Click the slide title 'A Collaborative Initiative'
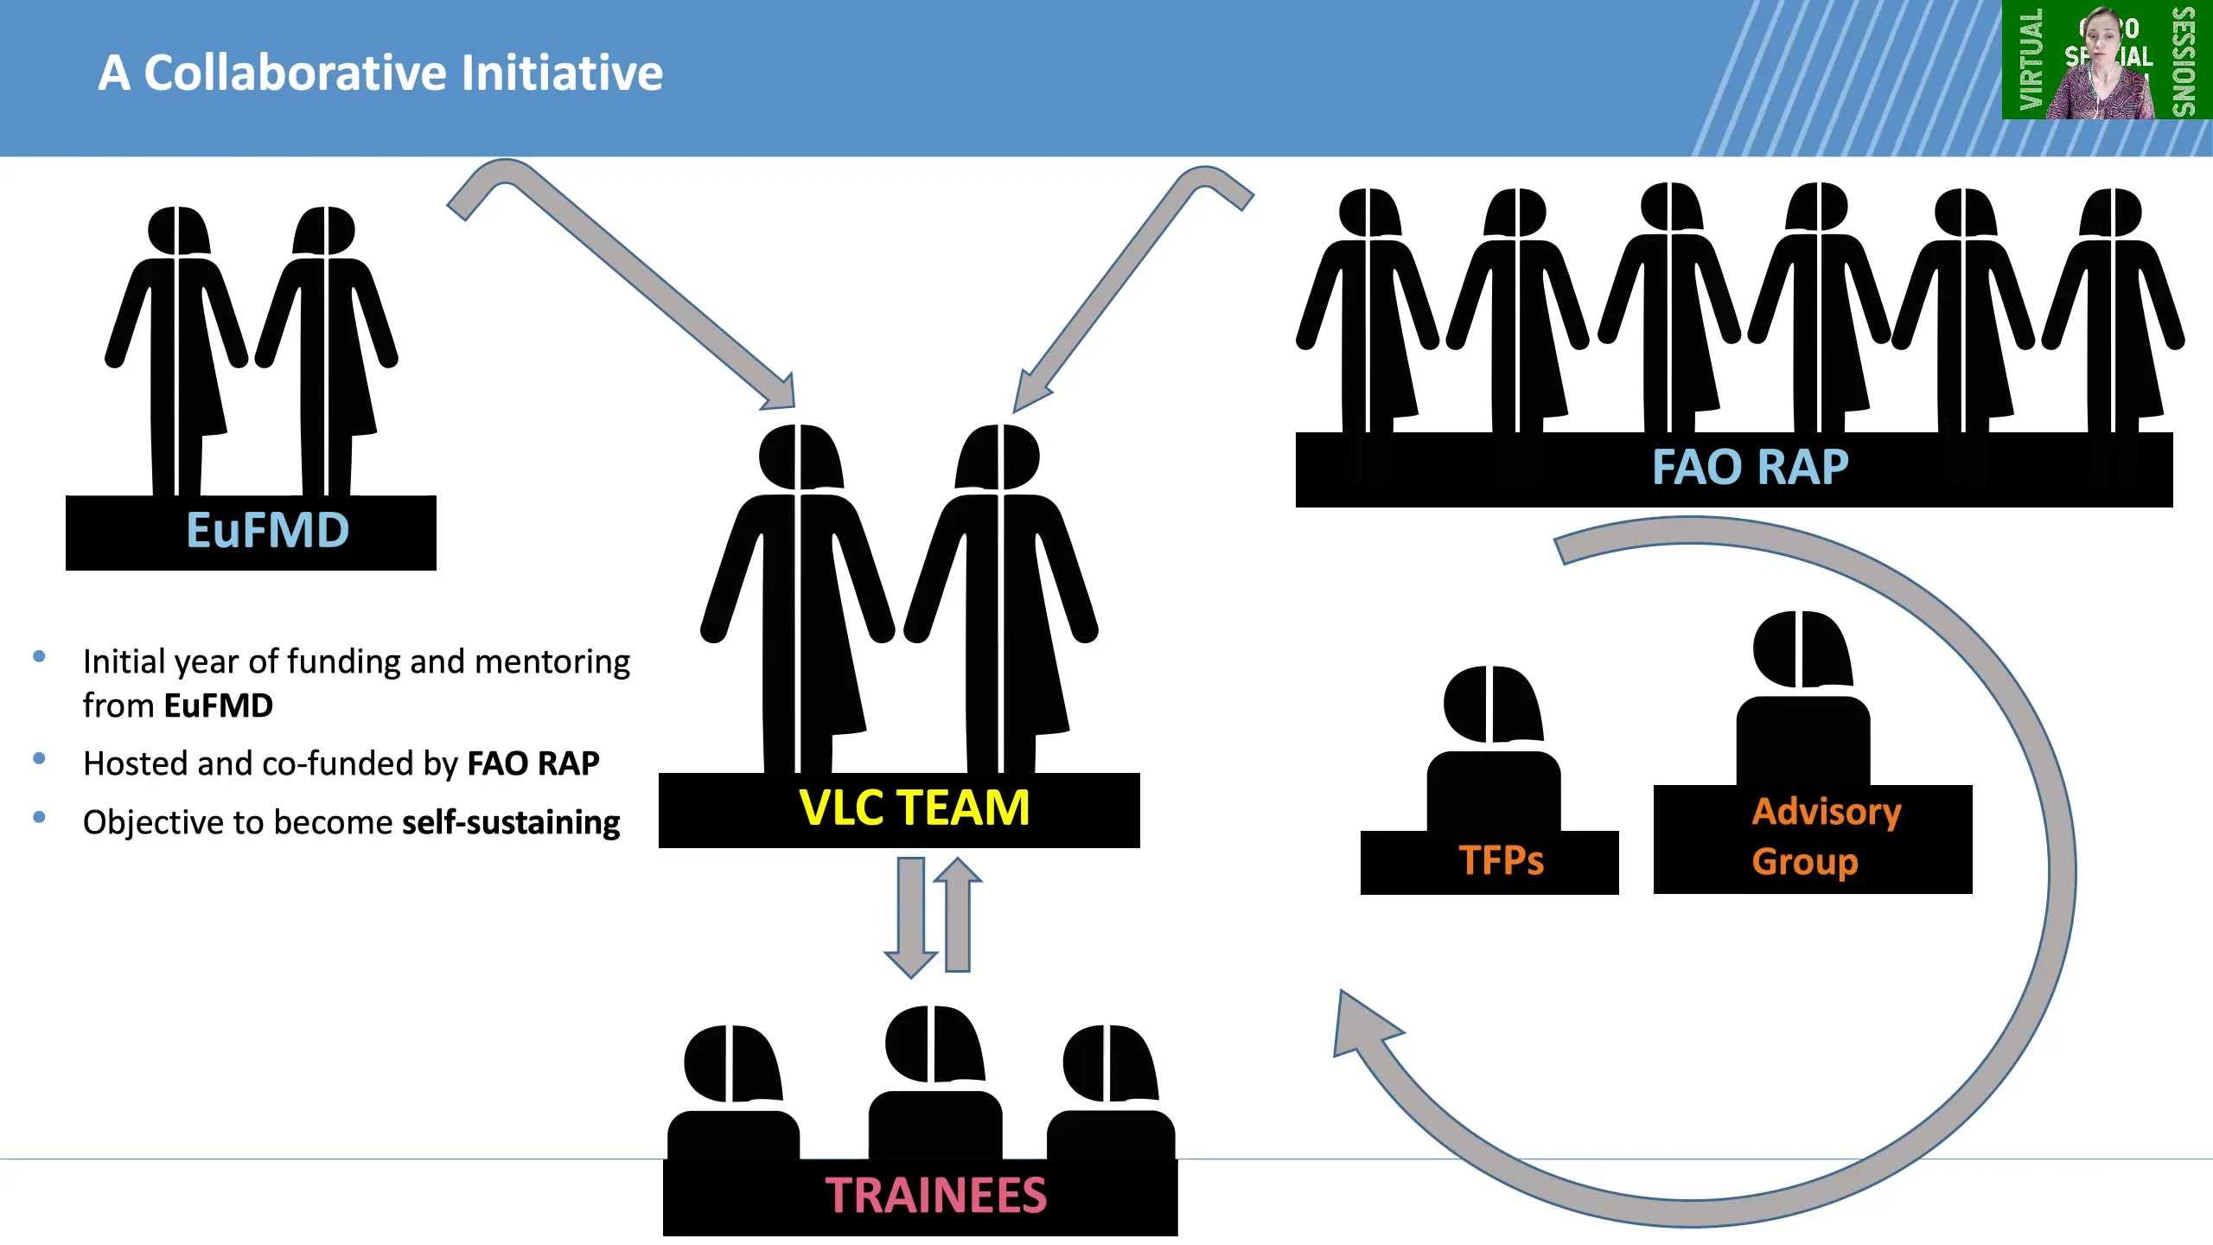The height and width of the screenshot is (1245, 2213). click(380, 73)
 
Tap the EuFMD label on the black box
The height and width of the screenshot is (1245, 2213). click(268, 530)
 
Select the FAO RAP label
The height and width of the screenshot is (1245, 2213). click(1751, 468)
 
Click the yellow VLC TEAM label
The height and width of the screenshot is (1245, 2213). click(915, 808)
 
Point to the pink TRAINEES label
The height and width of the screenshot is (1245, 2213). click(935, 1196)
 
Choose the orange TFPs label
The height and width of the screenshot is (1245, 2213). click(1502, 861)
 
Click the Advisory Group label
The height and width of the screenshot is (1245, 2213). click(1826, 836)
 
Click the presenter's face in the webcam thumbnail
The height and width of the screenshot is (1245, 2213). click(2101, 39)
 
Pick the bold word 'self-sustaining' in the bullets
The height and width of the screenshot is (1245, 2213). click(511, 822)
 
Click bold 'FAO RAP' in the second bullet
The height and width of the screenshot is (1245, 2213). click(533, 763)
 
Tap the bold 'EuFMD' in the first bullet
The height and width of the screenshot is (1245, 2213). click(219, 705)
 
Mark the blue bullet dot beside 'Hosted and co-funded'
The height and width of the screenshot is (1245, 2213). click(39, 758)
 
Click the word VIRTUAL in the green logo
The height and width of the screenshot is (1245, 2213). click(2031, 59)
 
